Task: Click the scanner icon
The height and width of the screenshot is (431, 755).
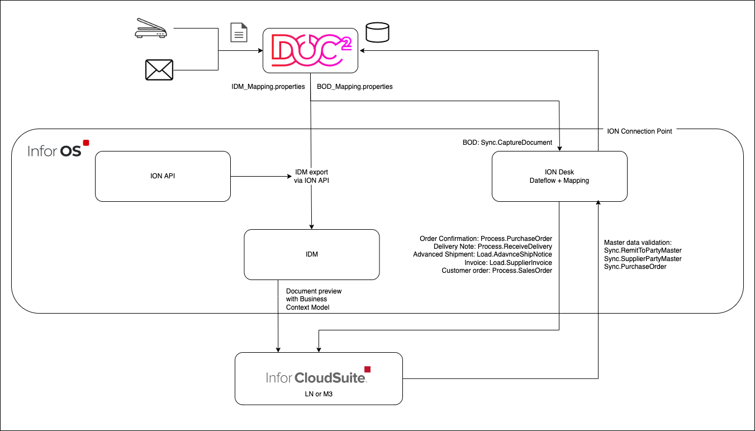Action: click(x=151, y=30)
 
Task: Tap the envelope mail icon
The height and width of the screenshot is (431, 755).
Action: click(x=159, y=70)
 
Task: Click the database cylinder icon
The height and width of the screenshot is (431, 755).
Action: click(x=377, y=32)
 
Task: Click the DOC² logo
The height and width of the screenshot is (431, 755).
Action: click(x=311, y=50)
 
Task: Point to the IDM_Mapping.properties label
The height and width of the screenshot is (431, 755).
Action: click(x=268, y=87)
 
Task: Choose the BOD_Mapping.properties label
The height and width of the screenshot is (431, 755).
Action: click(x=355, y=87)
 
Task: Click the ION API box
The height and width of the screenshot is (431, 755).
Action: click(x=163, y=176)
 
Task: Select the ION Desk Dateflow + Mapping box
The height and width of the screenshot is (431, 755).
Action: click(x=559, y=176)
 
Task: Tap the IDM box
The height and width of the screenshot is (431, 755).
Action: click(x=312, y=254)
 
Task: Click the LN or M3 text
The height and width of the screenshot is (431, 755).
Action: click(x=319, y=395)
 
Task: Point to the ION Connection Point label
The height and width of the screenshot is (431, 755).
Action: click(x=639, y=131)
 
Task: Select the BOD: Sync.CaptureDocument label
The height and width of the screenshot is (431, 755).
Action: click(x=504, y=143)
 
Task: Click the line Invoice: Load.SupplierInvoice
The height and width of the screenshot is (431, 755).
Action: click(x=508, y=262)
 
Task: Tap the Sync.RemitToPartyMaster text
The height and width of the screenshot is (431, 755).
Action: click(x=643, y=250)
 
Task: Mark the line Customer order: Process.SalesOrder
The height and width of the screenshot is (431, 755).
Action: click(x=497, y=271)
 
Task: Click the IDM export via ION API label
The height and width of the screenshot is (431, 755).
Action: click(x=312, y=176)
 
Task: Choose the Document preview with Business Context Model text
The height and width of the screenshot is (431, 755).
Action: click(x=314, y=299)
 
